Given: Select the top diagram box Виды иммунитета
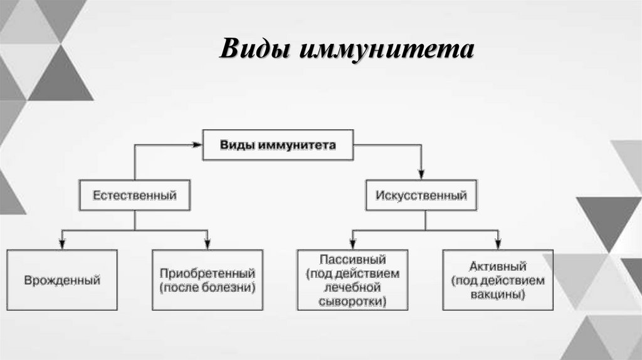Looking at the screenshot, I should click(x=278, y=145).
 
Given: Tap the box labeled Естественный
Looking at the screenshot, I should click(x=135, y=195).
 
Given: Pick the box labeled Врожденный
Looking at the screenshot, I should click(x=62, y=280).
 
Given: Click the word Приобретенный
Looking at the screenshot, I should click(x=208, y=273).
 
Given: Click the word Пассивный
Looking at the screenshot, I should click(x=352, y=259).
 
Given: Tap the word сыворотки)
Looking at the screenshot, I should click(x=353, y=302).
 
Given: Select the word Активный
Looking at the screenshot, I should click(x=498, y=266).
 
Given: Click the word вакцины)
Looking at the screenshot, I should click(x=498, y=295).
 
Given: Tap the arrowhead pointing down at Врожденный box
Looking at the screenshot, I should click(x=61, y=242).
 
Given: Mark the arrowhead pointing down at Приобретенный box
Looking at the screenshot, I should click(x=208, y=242).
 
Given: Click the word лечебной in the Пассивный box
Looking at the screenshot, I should click(x=352, y=288).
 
